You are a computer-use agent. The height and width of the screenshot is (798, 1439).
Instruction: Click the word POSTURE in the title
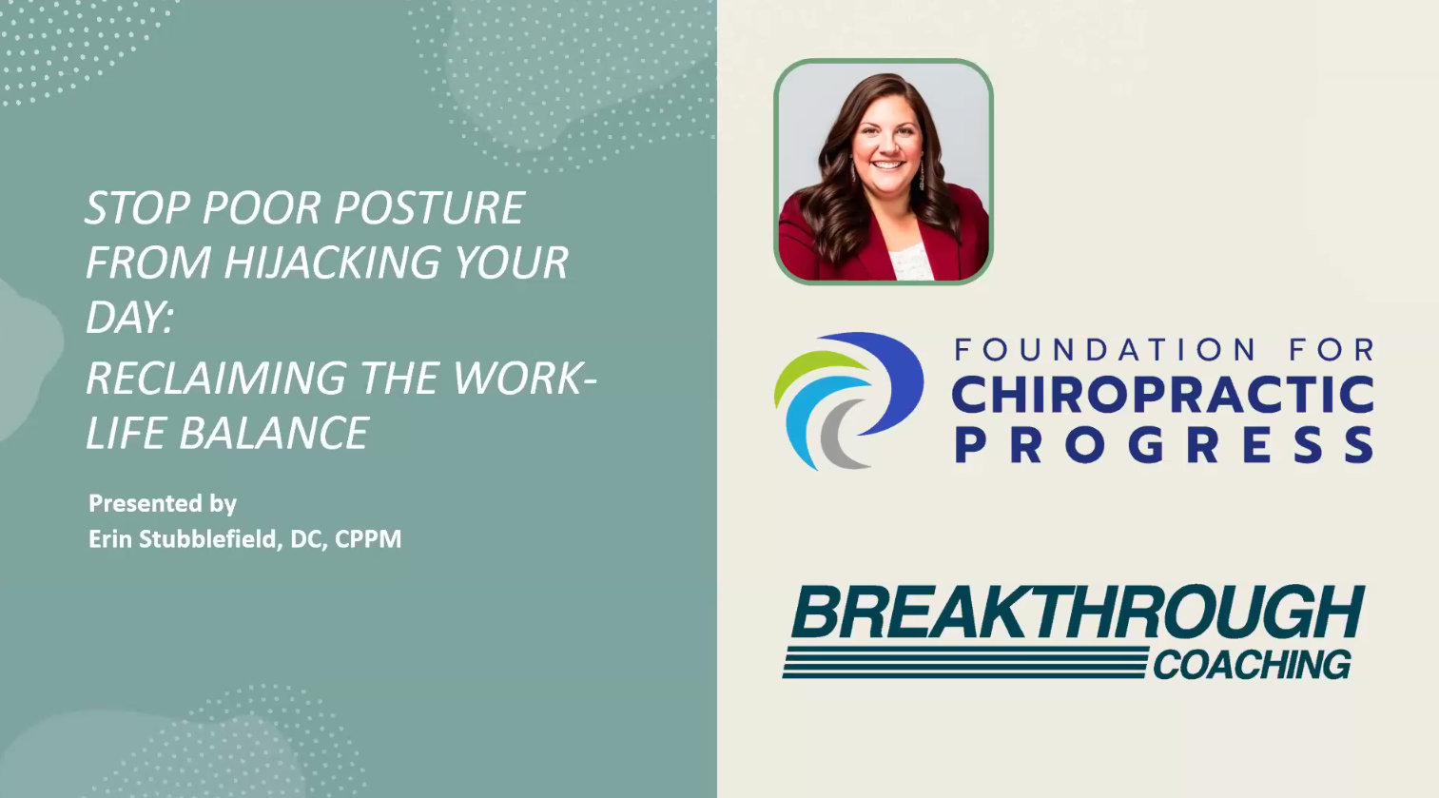click(430, 207)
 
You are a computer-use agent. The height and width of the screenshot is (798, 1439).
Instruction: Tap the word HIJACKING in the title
click(333, 263)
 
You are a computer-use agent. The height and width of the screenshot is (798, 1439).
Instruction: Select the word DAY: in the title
click(129, 317)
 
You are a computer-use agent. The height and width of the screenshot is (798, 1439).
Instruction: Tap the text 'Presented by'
click(163, 503)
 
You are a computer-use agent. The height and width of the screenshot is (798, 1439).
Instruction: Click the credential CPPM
click(368, 539)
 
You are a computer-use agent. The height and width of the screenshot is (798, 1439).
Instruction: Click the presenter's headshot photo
click(884, 171)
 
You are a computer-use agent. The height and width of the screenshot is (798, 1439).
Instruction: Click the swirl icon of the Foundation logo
click(849, 401)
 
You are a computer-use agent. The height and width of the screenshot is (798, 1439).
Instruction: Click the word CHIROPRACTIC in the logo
click(1163, 394)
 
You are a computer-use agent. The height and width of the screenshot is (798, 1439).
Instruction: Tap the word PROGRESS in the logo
click(1163, 445)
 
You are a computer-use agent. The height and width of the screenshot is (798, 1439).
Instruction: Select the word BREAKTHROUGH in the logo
click(1078, 611)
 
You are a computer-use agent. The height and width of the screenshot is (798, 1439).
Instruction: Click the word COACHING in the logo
click(1252, 664)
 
